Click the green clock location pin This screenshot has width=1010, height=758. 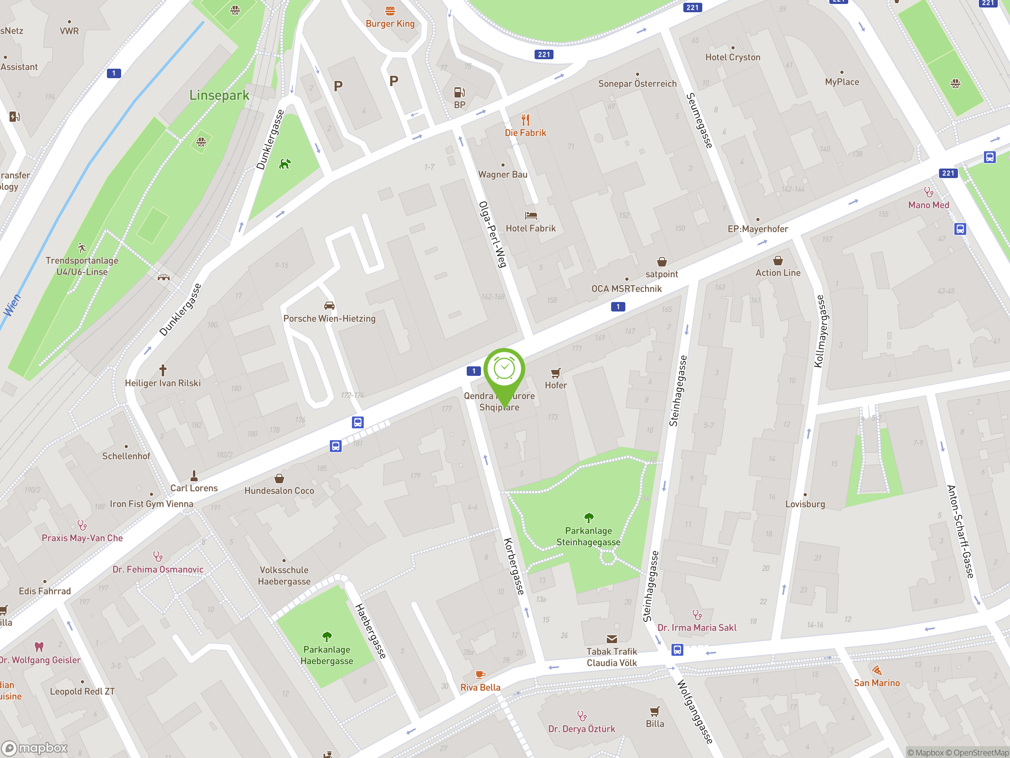click(504, 370)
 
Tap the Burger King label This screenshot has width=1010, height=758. click(390, 24)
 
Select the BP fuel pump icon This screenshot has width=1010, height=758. click(459, 93)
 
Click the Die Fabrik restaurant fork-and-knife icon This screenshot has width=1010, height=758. click(526, 120)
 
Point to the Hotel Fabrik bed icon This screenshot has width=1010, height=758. click(531, 215)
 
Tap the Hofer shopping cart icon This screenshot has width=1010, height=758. click(555, 373)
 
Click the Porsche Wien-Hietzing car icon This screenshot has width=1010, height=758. click(329, 306)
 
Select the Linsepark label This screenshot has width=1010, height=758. click(219, 95)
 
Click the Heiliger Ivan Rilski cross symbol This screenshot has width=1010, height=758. click(163, 370)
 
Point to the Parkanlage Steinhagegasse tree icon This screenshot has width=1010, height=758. click(589, 518)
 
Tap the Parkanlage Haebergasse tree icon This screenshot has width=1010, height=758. click(327, 636)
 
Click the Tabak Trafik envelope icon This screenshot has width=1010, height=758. click(612, 639)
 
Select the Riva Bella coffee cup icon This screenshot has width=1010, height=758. click(480, 674)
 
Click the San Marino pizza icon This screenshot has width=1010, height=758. click(877, 670)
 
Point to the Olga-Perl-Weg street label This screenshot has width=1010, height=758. click(493, 234)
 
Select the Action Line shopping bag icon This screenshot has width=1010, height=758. click(778, 261)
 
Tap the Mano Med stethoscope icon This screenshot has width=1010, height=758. click(928, 192)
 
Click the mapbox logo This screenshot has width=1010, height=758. click(35, 748)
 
